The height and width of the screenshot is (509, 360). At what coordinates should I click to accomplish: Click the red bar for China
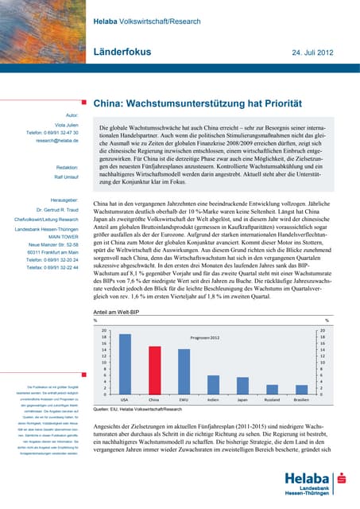(x=154, y=370)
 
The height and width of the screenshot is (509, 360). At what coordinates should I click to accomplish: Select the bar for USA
(x=125, y=364)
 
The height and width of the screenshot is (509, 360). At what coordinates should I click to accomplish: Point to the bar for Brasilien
(x=301, y=388)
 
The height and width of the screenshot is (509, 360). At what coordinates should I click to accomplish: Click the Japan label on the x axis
(x=242, y=399)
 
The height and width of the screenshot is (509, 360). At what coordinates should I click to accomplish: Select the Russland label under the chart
(x=272, y=399)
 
